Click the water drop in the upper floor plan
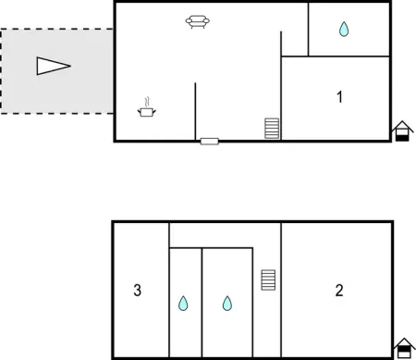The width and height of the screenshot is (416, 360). coord(344,30)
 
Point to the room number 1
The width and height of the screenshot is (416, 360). coord(340,96)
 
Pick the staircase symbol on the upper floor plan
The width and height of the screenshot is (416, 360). coord(272,128)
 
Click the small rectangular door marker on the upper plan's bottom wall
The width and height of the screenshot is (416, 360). coord(210,141)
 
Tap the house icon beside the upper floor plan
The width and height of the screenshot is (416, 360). coord(402,132)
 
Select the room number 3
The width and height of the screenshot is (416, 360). coord(137,291)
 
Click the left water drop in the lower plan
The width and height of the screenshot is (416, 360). coord(183,303)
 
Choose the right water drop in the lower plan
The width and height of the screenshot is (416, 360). coord(227,303)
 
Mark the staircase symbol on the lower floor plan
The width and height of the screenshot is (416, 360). coord(268,279)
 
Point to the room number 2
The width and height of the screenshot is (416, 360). coord(339,291)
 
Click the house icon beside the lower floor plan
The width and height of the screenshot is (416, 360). coord(402,348)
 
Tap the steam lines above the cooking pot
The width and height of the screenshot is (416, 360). coord(146,100)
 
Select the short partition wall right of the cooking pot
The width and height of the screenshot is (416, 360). coord(195,111)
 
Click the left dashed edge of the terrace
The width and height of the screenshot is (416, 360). coord(1,70)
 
